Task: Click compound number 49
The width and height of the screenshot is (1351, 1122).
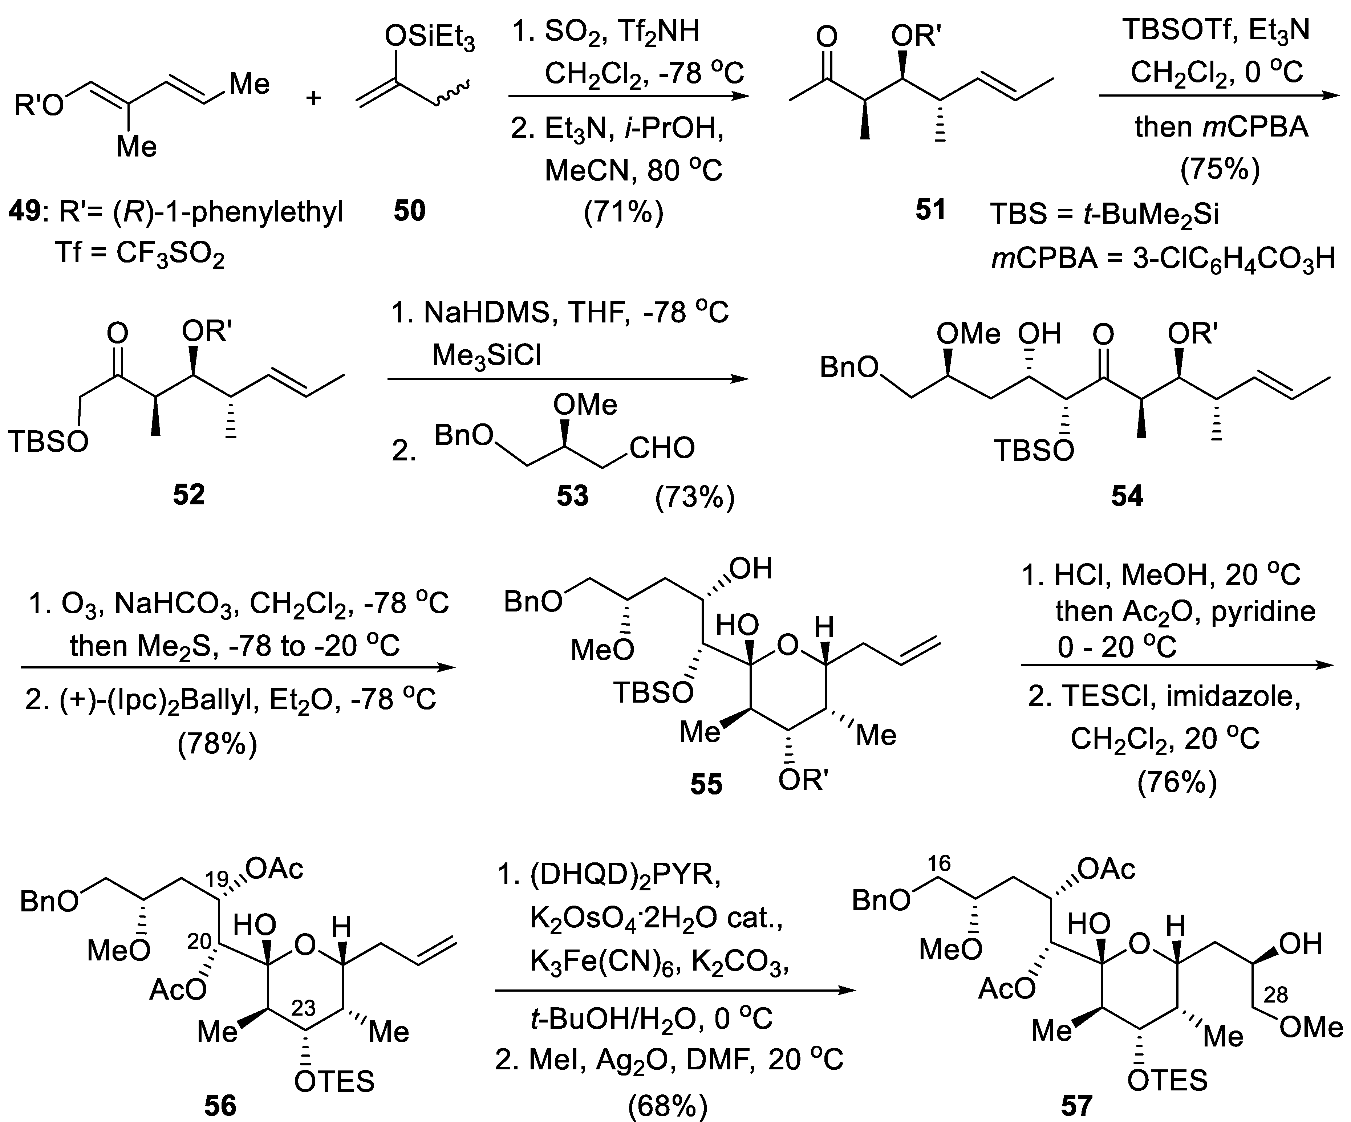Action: [x=24, y=211]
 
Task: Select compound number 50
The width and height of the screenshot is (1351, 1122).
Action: [x=410, y=211]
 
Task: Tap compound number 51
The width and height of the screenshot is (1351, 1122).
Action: [x=930, y=210]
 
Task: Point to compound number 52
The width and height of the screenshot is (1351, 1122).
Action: [x=188, y=494]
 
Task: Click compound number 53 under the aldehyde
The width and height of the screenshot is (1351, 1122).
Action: [x=573, y=495]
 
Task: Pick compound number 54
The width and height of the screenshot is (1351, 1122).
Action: [x=1127, y=495]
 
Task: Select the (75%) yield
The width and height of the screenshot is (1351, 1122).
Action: [x=1220, y=168]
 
